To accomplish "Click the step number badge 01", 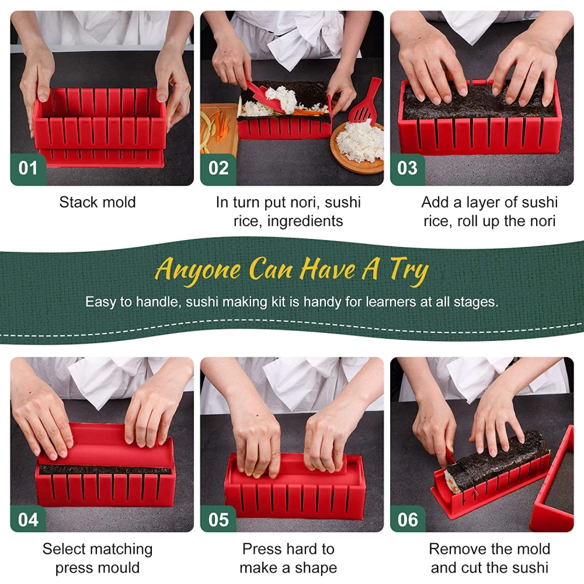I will [x=27, y=169].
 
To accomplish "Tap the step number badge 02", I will [x=218, y=169].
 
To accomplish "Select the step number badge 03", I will [x=407, y=169].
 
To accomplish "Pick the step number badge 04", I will [x=27, y=519].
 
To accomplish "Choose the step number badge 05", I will [x=218, y=519].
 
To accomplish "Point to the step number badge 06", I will [x=407, y=519].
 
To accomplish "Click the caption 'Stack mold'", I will [x=97, y=203].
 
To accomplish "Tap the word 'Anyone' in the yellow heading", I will [x=197, y=270].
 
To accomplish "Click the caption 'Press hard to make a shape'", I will [x=288, y=558].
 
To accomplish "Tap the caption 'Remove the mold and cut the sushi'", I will [x=489, y=558].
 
